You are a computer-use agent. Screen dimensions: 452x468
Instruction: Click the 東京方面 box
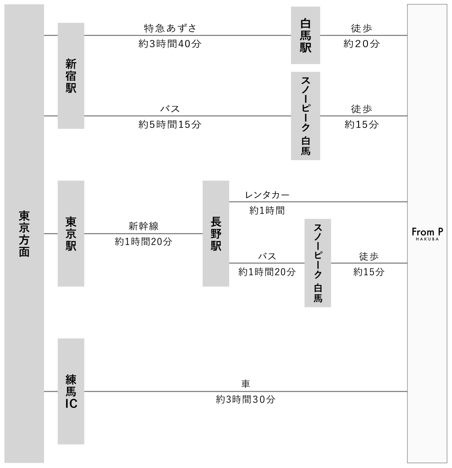pyautogui.click(x=24, y=233)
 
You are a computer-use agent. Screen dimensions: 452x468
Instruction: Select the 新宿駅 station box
pyautogui.click(x=71, y=76)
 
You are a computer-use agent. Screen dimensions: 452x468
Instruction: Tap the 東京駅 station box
pyautogui.click(x=71, y=233)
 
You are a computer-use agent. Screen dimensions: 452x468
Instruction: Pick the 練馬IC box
pyautogui.click(x=71, y=391)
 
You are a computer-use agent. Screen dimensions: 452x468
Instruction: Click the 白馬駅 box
pyautogui.click(x=306, y=35)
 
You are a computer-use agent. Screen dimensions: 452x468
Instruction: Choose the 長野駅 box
pyautogui.click(x=216, y=233)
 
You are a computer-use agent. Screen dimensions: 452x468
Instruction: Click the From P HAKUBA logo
pyautogui.click(x=427, y=234)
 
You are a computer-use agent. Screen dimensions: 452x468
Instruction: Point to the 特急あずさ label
pyautogui.click(x=170, y=28)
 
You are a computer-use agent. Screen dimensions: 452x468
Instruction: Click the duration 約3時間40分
pyautogui.click(x=170, y=44)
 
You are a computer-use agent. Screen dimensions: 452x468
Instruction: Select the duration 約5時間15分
pyautogui.click(x=170, y=124)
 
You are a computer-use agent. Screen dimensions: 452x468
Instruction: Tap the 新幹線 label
pyautogui.click(x=144, y=226)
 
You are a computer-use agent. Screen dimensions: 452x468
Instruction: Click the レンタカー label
pyautogui.click(x=267, y=195)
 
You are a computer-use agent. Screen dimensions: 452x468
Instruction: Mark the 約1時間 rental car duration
pyautogui.click(x=267, y=210)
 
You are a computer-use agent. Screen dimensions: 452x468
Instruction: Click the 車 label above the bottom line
pyautogui.click(x=245, y=384)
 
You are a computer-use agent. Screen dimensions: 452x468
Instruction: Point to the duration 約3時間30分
pyautogui.click(x=245, y=399)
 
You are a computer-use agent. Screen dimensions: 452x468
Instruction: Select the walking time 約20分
pyautogui.click(x=362, y=44)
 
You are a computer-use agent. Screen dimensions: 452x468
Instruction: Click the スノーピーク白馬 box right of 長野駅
pyautogui.click(x=318, y=263)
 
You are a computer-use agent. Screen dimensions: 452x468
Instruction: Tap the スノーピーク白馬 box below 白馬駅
pyautogui.click(x=306, y=116)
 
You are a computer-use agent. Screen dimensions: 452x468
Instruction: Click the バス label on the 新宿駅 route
pyautogui.click(x=170, y=109)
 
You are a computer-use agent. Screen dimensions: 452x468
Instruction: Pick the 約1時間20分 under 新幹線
pyautogui.click(x=144, y=241)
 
